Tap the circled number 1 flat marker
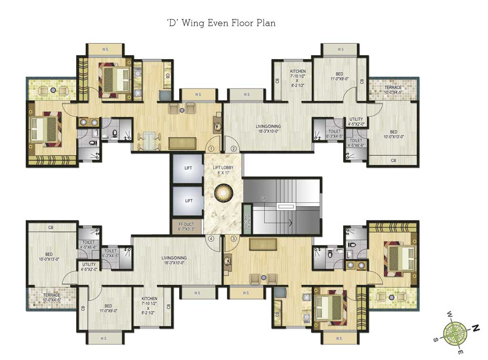coord(211,148)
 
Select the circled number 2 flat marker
coord(234,149)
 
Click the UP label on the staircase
coord(263,198)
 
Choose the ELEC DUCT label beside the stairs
coord(247,219)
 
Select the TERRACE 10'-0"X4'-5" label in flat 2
coord(393,90)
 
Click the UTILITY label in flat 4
coord(89,267)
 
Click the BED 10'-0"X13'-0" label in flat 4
coord(49,257)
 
